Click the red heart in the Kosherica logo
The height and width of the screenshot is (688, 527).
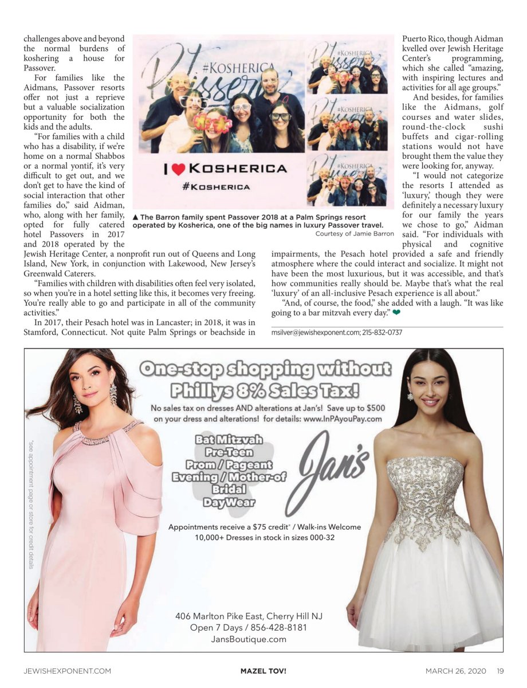coord(179,169)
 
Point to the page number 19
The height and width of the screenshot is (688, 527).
coord(500,670)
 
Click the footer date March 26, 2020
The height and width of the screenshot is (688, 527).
coord(457,670)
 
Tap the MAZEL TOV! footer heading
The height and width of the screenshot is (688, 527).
coord(263,670)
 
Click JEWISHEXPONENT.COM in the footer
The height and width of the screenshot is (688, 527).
coord(67,670)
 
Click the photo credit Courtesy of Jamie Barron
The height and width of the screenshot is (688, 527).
coord(355,233)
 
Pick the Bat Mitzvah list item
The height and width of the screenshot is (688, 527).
coord(229,440)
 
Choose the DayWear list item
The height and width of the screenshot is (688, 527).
coord(229,503)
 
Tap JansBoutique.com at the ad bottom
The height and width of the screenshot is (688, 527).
coord(249,639)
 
